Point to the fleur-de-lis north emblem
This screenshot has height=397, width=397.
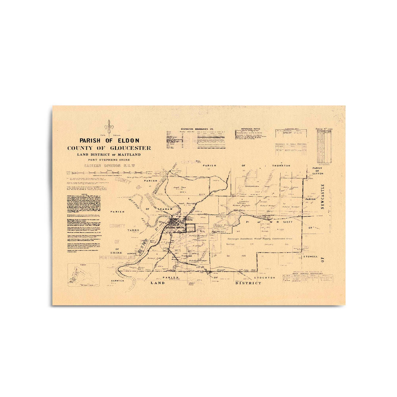click(109, 126)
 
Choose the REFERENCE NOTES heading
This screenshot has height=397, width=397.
click(251, 129)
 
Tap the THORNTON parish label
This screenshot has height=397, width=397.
click(281, 166)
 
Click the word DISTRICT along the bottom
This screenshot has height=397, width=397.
click(248, 283)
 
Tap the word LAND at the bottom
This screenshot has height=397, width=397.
click(157, 283)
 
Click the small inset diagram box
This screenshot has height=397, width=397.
click(83, 274)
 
